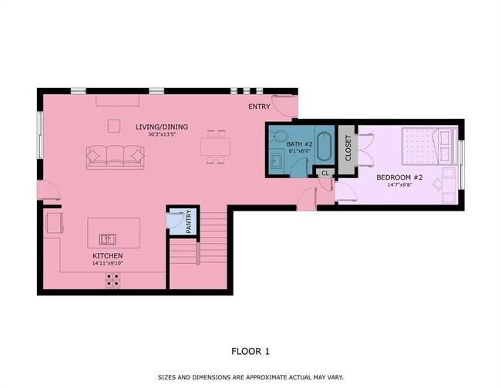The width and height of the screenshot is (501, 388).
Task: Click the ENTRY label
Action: click(259, 106)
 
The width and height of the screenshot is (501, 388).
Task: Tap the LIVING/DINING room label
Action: click(162, 127)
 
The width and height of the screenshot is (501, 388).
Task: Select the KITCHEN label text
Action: click(108, 256)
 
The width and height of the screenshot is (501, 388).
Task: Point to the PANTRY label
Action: click(189, 221)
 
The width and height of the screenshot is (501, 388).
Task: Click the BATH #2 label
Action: click(299, 144)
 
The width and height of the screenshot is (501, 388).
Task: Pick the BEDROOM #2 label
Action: click(399, 177)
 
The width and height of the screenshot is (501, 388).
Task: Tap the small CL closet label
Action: click(325, 174)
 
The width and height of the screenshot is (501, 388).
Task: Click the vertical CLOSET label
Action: click(348, 148)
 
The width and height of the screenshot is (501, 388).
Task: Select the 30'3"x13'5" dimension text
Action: click(162, 134)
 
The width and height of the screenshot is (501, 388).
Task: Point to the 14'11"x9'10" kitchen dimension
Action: click(108, 264)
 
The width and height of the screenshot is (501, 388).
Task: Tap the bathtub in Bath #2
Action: click(324, 146)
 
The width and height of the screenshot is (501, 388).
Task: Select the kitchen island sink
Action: click(107, 239)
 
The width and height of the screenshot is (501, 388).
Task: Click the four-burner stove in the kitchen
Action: click(113, 280)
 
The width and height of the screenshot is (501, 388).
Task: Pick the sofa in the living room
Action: click(115, 157)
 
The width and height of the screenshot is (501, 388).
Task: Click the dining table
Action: click(215, 147)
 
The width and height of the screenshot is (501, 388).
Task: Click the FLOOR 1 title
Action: click(250, 352)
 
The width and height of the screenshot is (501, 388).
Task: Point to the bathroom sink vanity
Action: click(276, 160)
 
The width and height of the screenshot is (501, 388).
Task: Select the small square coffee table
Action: click(114, 126)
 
